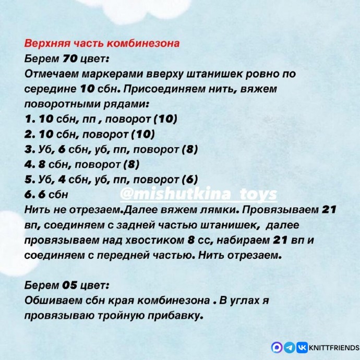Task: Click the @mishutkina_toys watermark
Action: (x=198, y=195)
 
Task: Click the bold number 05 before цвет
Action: (x=69, y=286)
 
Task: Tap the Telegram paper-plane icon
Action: (x=290, y=347)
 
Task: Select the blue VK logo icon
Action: (x=302, y=347)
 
